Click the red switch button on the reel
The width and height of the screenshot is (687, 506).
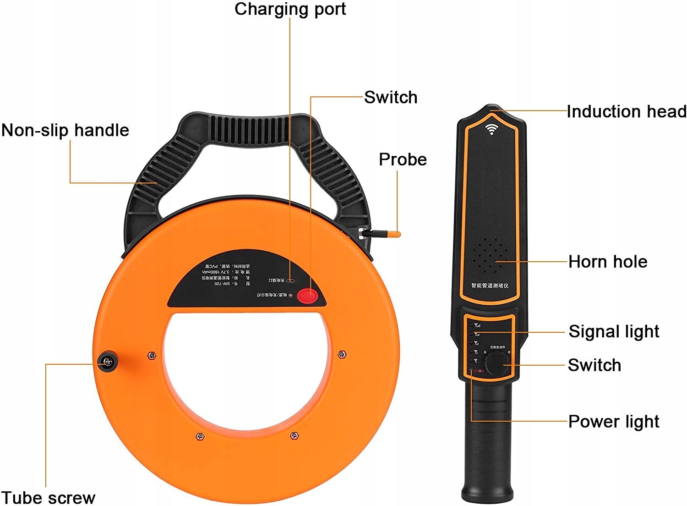click(308, 296)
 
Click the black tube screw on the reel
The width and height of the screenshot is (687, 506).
click(108, 362)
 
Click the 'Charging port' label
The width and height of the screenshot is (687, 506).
click(290, 9)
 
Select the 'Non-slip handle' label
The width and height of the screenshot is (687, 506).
click(65, 130)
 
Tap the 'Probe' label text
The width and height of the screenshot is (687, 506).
click(403, 159)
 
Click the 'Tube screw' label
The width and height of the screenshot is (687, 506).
click(48, 497)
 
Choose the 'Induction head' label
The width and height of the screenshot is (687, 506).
click(627, 111)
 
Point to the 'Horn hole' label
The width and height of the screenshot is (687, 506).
click(608, 262)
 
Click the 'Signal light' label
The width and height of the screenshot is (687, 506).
click(614, 331)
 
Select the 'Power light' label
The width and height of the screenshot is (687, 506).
click(614, 422)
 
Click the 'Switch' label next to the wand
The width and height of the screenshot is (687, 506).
click(594, 365)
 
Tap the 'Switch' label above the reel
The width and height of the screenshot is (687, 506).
click(391, 97)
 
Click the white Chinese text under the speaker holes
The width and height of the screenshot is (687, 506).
click(490, 286)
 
